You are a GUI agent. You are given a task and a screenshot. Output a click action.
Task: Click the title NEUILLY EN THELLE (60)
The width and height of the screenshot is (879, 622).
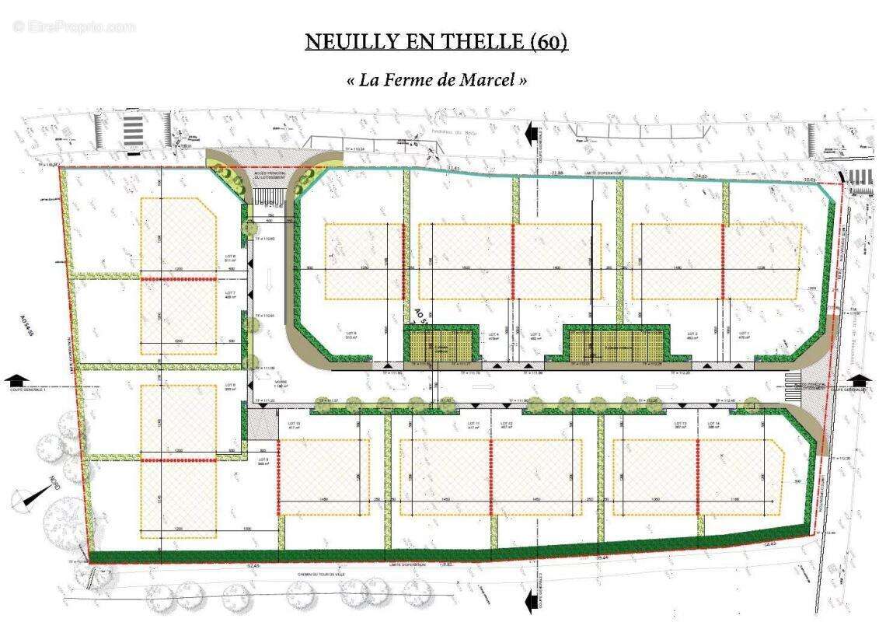436,41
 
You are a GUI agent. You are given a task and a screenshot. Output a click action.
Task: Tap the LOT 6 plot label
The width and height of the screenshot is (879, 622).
230,259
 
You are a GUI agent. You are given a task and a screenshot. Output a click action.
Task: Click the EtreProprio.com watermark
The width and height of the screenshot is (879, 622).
74,26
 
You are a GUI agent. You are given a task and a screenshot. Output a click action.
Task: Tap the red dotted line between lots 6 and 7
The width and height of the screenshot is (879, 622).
178,278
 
